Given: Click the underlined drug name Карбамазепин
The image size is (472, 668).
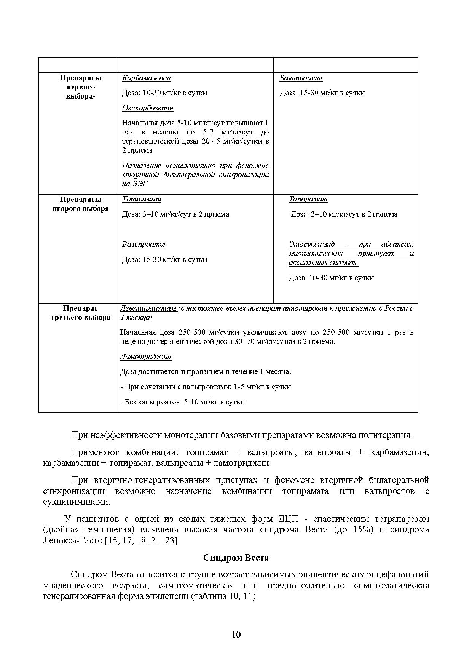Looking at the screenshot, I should click(147, 78).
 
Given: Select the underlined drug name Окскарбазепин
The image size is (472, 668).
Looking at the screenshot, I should click(148, 108).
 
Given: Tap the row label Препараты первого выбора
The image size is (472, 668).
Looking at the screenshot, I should click(80, 87).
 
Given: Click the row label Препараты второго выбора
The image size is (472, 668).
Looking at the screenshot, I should click(80, 204).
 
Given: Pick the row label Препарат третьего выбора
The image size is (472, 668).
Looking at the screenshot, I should click(80, 313).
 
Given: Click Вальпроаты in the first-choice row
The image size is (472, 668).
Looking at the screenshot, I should click(301, 78).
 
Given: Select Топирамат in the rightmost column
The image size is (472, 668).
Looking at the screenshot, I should click(308, 199).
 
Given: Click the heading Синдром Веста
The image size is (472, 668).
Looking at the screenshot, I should click(236, 558).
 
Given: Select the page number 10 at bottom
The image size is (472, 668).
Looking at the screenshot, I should click(236, 634).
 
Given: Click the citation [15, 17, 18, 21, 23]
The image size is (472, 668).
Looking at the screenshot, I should click(142, 540).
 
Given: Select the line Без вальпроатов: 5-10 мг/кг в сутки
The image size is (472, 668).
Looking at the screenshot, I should click(182, 402).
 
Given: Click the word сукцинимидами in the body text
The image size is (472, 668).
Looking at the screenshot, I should click(77, 502).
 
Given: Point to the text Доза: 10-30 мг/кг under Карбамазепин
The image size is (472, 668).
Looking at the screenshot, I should click(164, 93).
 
